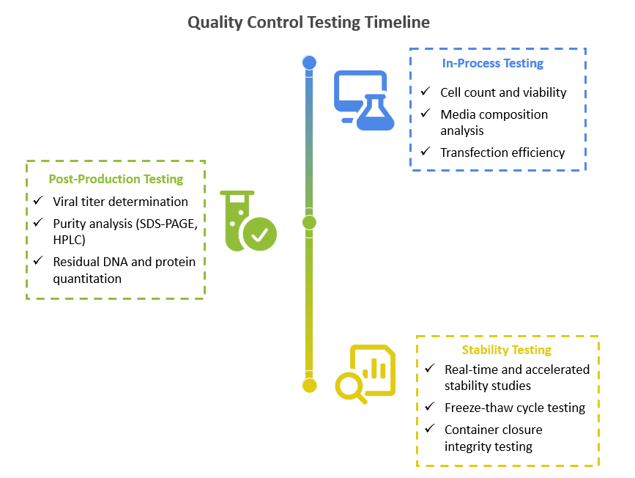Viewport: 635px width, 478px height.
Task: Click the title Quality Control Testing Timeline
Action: click(x=308, y=23)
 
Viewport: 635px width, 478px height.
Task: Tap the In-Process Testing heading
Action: click(x=492, y=64)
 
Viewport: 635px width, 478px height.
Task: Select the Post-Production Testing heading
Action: click(x=116, y=179)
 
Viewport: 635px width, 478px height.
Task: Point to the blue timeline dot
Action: click(x=310, y=63)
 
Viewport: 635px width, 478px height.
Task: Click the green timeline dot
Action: click(x=310, y=222)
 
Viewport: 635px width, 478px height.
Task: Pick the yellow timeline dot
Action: click(x=310, y=386)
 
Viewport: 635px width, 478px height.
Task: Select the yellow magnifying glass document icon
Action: click(x=365, y=374)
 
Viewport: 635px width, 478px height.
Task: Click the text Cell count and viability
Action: click(x=503, y=92)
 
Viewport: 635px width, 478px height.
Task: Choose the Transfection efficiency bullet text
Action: click(x=502, y=152)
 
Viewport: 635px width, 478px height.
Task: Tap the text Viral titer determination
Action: click(x=120, y=202)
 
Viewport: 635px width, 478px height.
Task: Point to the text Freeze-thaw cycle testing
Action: click(x=515, y=408)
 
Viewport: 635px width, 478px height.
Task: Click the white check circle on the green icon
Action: click(x=259, y=235)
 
